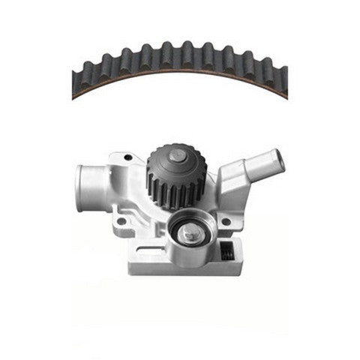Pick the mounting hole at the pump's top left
coord(128,157)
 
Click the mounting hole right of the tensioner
coord(225,221)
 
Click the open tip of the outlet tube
coord(279,157)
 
